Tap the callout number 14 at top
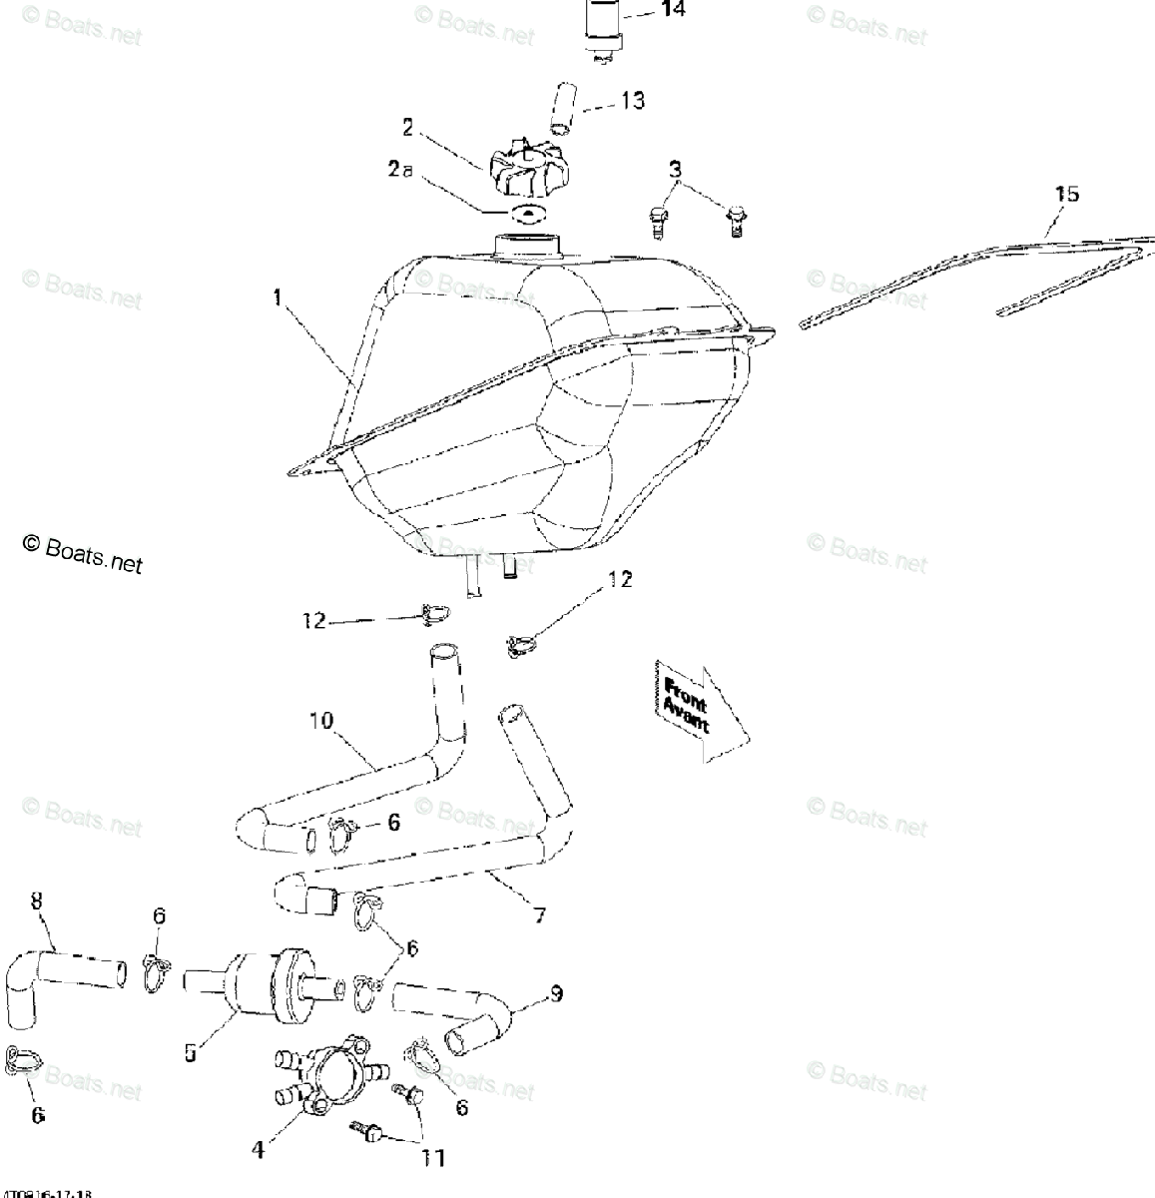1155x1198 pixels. point(673,11)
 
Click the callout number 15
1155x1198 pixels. point(1066,193)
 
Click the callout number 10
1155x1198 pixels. point(320,720)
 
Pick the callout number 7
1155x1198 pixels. point(539,914)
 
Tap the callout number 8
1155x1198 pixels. point(37,901)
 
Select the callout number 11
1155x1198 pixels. point(432,1157)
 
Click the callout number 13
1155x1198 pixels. point(632,100)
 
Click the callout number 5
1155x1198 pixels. point(190,1053)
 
